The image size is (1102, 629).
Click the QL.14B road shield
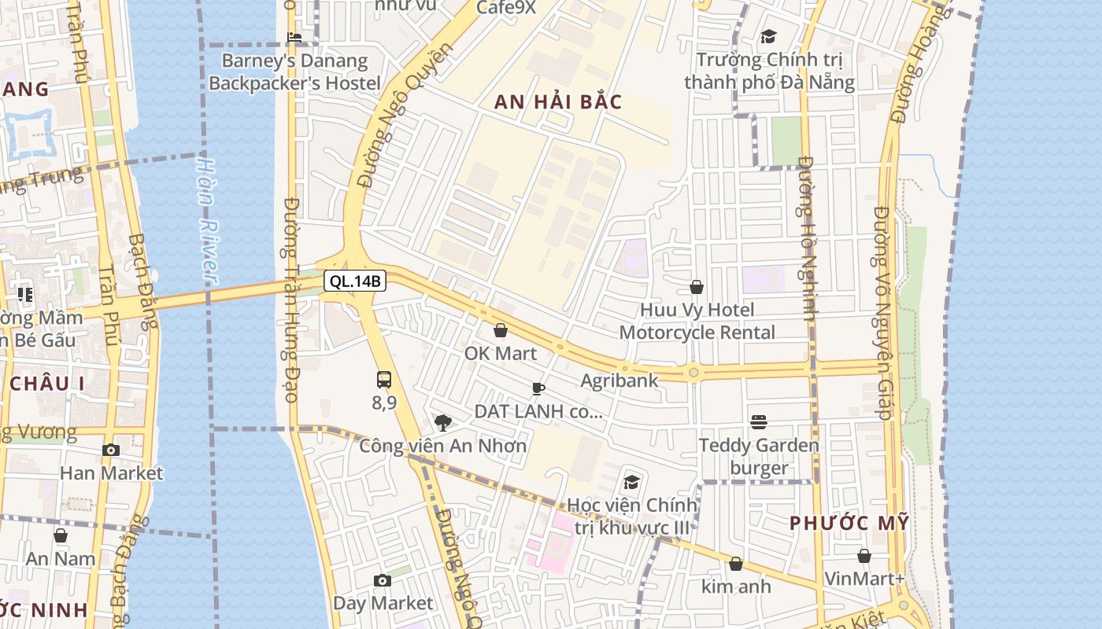coord(355,281)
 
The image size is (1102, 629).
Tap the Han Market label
coord(111,473)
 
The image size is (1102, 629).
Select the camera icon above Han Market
coord(111,451)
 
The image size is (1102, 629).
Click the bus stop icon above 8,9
coord(384,380)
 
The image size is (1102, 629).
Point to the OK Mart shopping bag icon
coord(500,330)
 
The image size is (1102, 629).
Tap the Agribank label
coord(619,381)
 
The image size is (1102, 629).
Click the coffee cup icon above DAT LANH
coord(538,388)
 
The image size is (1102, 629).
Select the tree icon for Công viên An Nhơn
coord(443,423)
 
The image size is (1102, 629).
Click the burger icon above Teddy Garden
coord(759,422)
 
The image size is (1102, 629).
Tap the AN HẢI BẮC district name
coord(558,102)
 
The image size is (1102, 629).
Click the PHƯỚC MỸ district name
coord(849,523)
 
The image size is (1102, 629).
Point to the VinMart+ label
coord(864,579)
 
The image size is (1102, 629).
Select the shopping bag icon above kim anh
coord(736,564)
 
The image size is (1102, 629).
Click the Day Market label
coord(383,603)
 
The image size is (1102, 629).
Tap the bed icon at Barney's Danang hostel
coord(294,37)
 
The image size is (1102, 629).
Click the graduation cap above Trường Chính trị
coord(768,36)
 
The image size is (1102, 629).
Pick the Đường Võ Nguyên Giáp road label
coord(883,313)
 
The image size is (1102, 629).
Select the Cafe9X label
coord(506,8)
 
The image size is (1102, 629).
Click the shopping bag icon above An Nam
coord(61,536)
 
